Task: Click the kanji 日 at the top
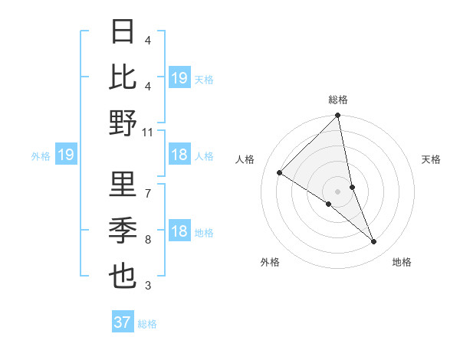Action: tap(123, 33)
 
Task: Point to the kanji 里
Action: tap(123, 184)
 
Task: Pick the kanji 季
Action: tap(123, 229)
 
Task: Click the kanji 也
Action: tap(123, 275)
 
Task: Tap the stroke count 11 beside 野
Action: tap(148, 133)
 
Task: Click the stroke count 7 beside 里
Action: tap(147, 193)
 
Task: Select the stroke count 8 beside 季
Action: tap(147, 240)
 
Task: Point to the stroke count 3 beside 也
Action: tap(147, 286)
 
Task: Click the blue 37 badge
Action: tap(122, 322)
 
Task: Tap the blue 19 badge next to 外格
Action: tap(65, 155)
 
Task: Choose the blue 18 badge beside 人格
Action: tap(179, 155)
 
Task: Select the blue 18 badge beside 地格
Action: tap(179, 232)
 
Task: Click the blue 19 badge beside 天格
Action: tap(179, 77)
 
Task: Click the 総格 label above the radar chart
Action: tap(338, 100)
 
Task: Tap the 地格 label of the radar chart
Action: tap(402, 262)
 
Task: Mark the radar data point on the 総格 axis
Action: tap(338, 116)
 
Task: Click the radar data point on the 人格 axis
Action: tap(279, 173)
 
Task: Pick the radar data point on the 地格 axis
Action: tap(374, 242)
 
